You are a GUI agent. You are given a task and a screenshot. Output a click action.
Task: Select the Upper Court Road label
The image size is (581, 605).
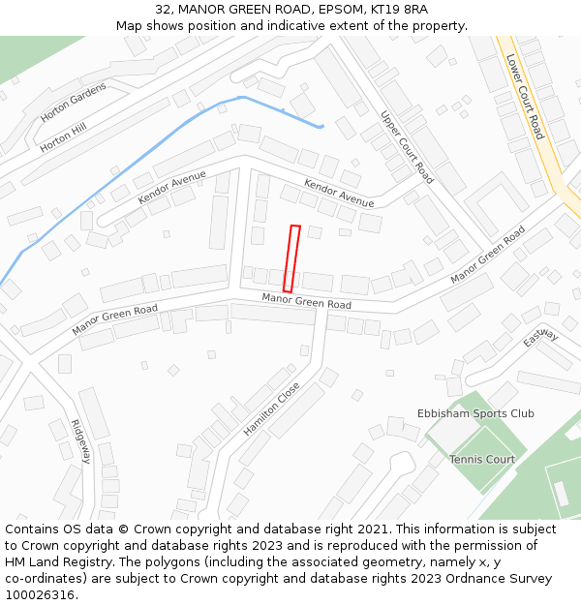click(x=407, y=145)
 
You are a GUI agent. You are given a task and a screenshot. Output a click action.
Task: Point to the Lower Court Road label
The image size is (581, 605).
click(x=525, y=96)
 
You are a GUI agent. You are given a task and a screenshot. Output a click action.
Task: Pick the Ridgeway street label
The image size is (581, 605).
click(x=80, y=441)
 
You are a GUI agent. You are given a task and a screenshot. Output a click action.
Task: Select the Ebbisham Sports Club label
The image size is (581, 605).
click(x=475, y=413)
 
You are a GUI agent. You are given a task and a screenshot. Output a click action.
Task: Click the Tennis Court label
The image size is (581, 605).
click(x=482, y=459)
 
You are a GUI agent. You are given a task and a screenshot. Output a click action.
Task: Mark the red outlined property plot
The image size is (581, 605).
click(x=291, y=258)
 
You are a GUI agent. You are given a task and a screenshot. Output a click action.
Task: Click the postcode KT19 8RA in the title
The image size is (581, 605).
click(x=400, y=9)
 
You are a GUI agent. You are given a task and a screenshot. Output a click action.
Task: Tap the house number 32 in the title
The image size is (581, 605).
click(x=162, y=9)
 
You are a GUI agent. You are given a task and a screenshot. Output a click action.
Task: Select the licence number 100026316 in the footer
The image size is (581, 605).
click(x=40, y=594)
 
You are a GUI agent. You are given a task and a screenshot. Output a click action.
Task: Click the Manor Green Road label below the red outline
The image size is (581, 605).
click(x=306, y=303)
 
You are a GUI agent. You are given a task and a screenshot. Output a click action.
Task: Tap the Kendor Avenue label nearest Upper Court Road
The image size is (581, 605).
click(x=339, y=193)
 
